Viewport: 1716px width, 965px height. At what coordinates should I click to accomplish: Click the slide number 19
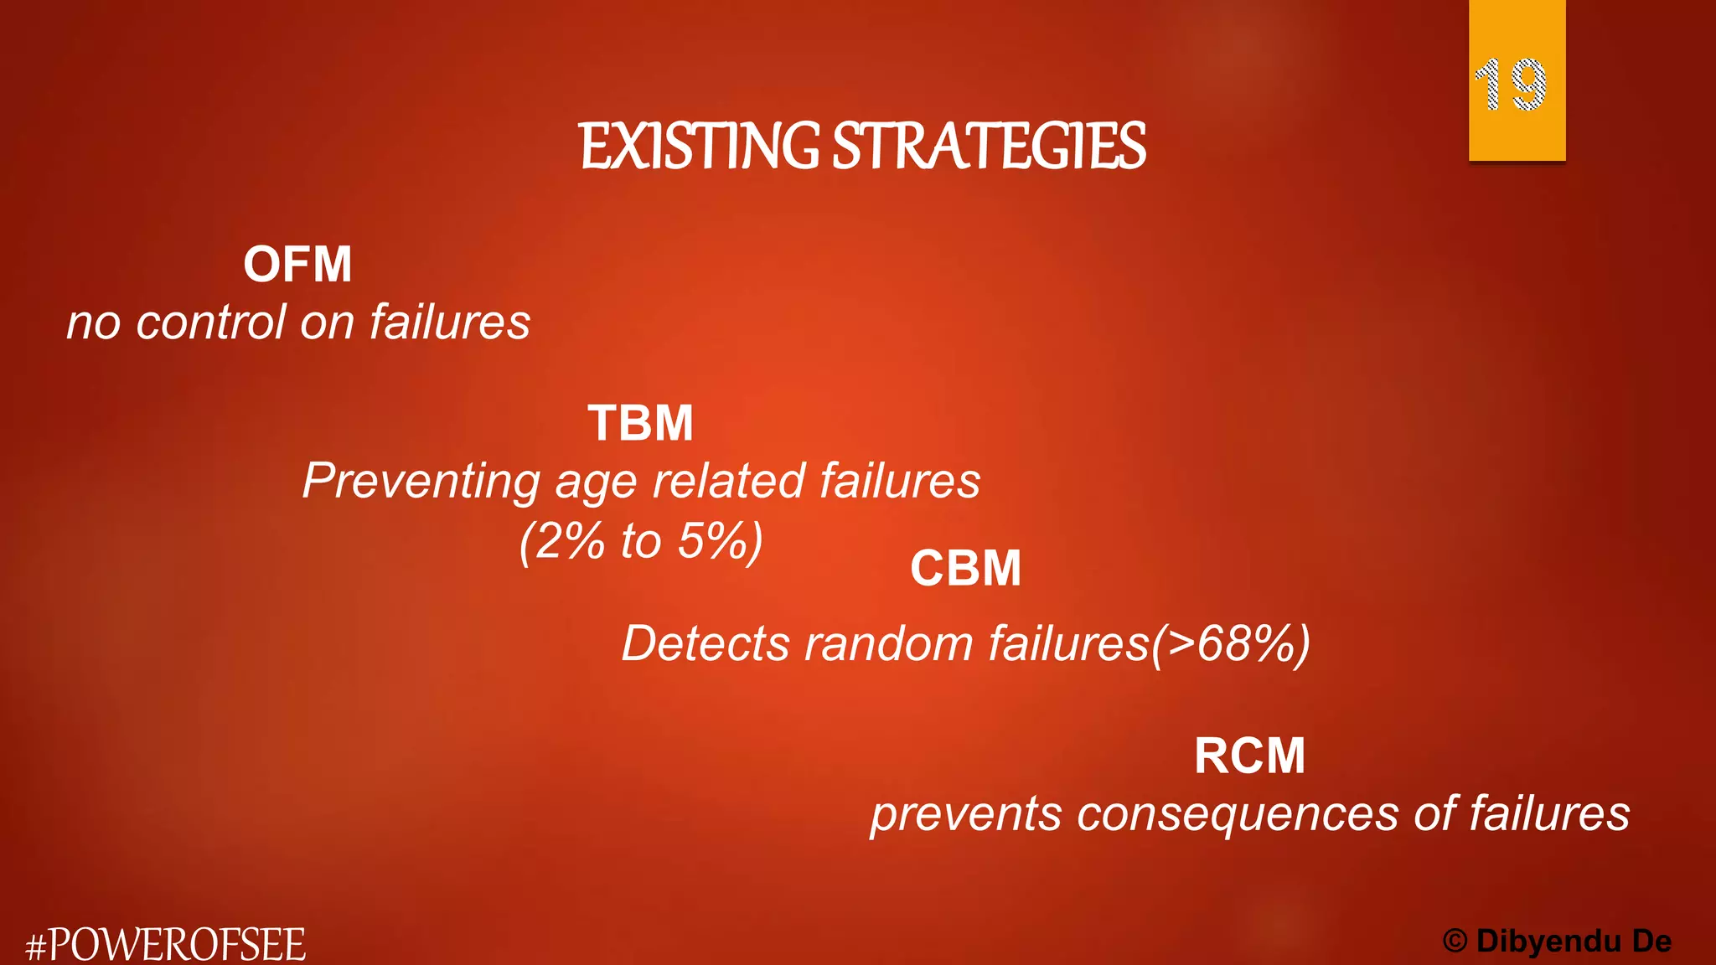(1510, 85)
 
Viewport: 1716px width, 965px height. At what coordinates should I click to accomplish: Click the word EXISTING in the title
(699, 147)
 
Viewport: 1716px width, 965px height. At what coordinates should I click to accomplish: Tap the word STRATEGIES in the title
(989, 147)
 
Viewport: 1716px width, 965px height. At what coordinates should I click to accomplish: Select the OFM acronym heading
(297, 265)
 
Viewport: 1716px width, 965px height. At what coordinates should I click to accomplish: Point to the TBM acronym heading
(641, 423)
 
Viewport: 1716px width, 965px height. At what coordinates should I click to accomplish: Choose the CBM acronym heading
(965, 569)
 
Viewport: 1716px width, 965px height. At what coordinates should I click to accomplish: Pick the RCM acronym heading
(1249, 756)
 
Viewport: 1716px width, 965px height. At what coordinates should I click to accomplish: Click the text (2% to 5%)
(641, 541)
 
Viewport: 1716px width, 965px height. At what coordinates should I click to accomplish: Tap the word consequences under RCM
(1238, 814)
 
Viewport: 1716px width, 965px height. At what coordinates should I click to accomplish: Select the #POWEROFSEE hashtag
(166, 945)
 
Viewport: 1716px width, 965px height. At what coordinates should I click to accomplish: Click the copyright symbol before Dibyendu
(1455, 942)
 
